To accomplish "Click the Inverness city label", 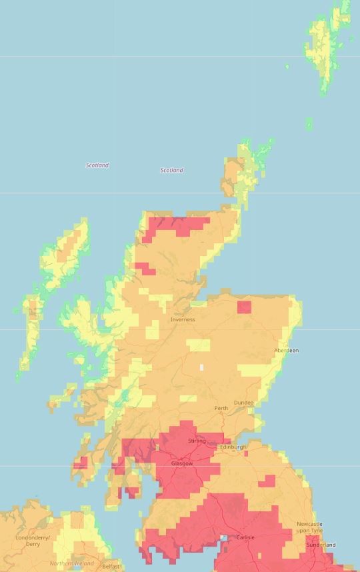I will tap(183, 319).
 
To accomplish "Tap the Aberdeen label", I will tap(287, 351).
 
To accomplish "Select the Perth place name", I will tap(221, 408).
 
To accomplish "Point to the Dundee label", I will tap(243, 403).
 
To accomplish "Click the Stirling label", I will tap(197, 441).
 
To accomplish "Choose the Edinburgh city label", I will tap(233, 447).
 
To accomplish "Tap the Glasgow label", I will tap(182, 463).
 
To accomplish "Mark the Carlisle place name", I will tap(245, 537).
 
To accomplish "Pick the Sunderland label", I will tap(321, 545).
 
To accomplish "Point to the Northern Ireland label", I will tap(71, 563).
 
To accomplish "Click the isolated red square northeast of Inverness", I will tap(244, 307).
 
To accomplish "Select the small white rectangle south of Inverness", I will tap(201, 367).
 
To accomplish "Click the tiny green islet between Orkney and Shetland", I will tap(309, 124).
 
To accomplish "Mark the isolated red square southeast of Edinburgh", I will tap(267, 481).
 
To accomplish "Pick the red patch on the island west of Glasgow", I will tap(81, 462).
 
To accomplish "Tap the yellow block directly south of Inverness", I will tap(198, 345).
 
